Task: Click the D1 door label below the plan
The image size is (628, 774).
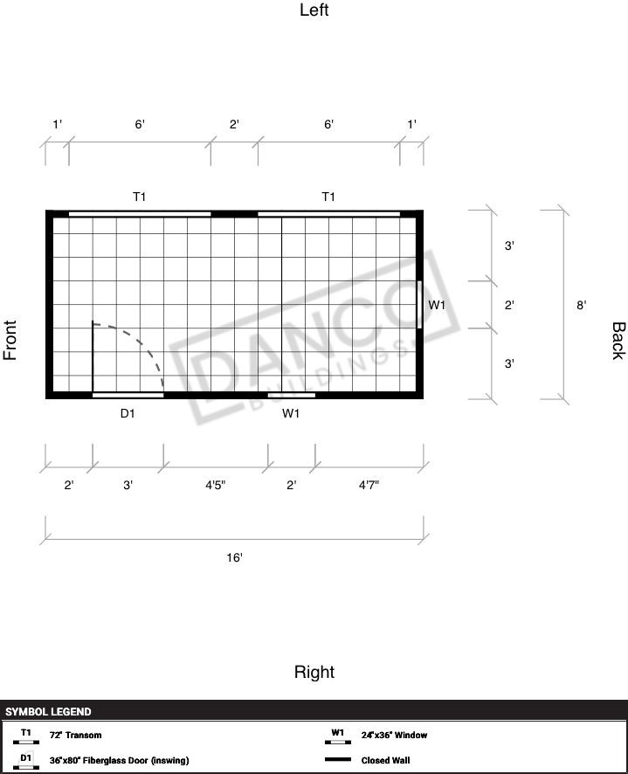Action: pos(128,413)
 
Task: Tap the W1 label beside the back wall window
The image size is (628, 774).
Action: pos(437,305)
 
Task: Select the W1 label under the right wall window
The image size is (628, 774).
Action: pos(291,413)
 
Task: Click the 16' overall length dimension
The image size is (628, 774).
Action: pos(234,557)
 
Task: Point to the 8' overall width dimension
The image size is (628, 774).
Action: pos(581,305)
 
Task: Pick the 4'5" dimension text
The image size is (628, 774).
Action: pos(215,485)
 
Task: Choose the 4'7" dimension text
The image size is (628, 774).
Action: pos(369,485)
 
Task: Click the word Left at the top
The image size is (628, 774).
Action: pos(314,10)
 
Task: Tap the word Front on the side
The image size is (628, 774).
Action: pos(10,340)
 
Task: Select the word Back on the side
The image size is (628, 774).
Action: pos(618,341)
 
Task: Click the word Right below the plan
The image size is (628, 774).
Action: pos(314,672)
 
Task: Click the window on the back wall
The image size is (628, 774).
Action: pos(419,305)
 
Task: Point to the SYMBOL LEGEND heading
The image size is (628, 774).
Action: pos(48,712)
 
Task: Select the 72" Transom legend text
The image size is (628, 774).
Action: pos(75,735)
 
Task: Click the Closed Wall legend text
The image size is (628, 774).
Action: pos(385,760)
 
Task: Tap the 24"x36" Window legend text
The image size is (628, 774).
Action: pos(394,735)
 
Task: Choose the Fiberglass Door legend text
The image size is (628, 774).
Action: pos(119,760)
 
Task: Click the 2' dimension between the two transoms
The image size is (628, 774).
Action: pos(234,124)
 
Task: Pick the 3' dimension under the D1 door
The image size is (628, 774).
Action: pos(128,485)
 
